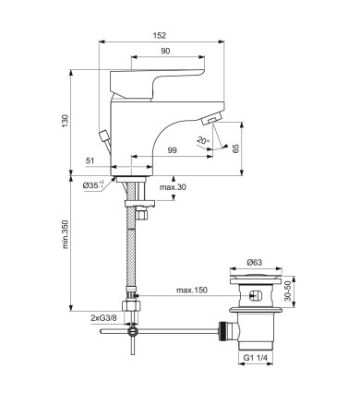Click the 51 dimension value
(90, 160)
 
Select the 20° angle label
(203, 140)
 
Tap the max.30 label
(173, 188)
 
